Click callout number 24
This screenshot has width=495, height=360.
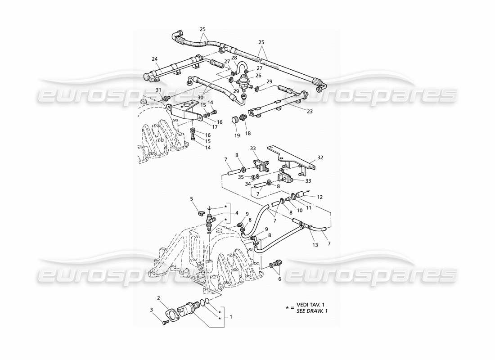[x=155, y=58]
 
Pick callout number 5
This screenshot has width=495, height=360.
[x=192, y=198]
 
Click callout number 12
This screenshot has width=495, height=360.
[x=320, y=197]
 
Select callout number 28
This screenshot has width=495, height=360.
[x=234, y=58]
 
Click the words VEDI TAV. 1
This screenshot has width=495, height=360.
[x=310, y=305]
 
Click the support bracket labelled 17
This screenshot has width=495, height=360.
[x=185, y=110]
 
